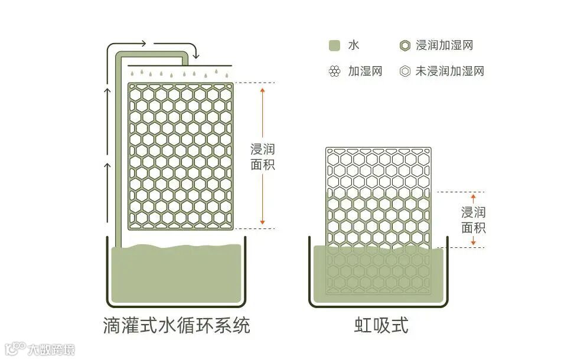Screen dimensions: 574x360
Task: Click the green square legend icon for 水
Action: point(335,45)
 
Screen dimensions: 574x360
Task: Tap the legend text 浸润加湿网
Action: point(444,45)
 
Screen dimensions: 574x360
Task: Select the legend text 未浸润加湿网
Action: point(450,71)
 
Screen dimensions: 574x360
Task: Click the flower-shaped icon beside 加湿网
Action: point(335,71)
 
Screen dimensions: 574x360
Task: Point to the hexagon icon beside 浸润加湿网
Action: point(405,45)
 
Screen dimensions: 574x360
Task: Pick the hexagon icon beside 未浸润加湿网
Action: point(405,71)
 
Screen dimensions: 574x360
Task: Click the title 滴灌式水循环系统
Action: point(176,326)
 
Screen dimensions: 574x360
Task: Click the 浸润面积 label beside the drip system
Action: point(263,156)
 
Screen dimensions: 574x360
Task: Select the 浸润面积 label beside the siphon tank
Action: point(473,220)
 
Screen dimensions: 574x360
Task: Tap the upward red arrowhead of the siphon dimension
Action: point(473,195)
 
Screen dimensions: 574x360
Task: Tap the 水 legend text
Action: point(353,45)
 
